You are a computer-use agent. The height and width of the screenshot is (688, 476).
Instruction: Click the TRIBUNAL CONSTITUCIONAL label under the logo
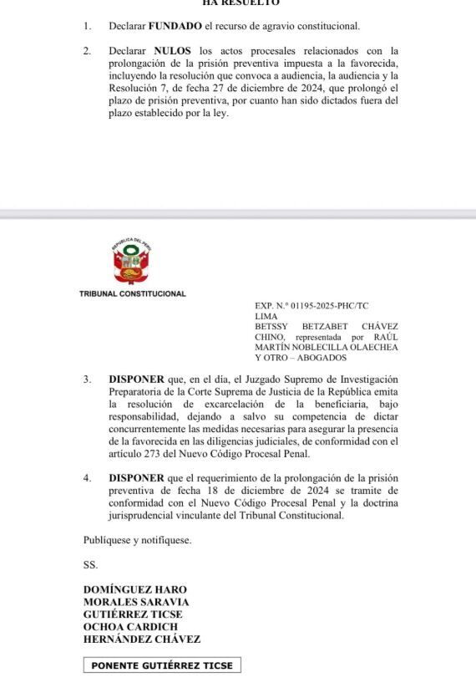click(x=133, y=294)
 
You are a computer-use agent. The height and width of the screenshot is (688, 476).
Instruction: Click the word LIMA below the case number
click(x=266, y=316)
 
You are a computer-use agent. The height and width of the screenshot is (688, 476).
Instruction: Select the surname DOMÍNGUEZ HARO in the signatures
click(x=135, y=589)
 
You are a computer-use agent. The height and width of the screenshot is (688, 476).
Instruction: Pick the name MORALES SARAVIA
click(x=136, y=602)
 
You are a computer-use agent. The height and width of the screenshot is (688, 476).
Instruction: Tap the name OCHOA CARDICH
click(x=130, y=627)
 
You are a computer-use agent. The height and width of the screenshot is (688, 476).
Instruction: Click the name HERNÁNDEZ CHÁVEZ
click(x=142, y=640)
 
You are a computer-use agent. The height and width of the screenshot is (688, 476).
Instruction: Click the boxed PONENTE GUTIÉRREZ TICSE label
click(x=162, y=665)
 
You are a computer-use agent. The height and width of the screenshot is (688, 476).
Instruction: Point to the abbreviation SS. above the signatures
click(x=90, y=565)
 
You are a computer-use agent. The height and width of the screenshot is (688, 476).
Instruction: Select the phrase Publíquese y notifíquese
click(x=137, y=540)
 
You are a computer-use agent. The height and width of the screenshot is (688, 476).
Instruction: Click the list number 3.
click(x=87, y=380)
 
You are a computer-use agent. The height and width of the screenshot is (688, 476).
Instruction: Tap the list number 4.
click(x=87, y=478)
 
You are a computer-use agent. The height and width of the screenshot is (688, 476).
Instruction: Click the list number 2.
click(x=87, y=51)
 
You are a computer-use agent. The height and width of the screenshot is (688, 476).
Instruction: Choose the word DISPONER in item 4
click(x=136, y=478)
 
